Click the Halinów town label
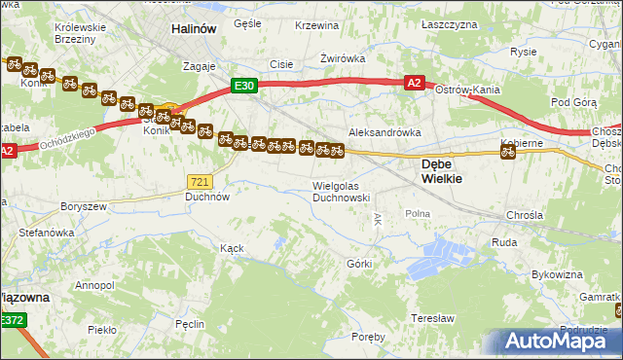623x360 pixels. coord(193,29)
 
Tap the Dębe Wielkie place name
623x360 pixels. coord(441,171)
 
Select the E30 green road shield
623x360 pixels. coord(244,86)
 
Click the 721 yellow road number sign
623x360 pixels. coord(200,181)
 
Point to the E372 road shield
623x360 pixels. coord(12,319)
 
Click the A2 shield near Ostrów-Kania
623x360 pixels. coord(414,84)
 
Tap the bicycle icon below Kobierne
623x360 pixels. coord(507,151)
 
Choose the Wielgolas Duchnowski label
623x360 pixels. coord(341,191)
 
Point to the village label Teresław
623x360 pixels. coord(433,318)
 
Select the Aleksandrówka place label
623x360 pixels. coord(385,131)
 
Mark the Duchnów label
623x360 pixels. coord(206,196)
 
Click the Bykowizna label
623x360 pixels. coord(559,275)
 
